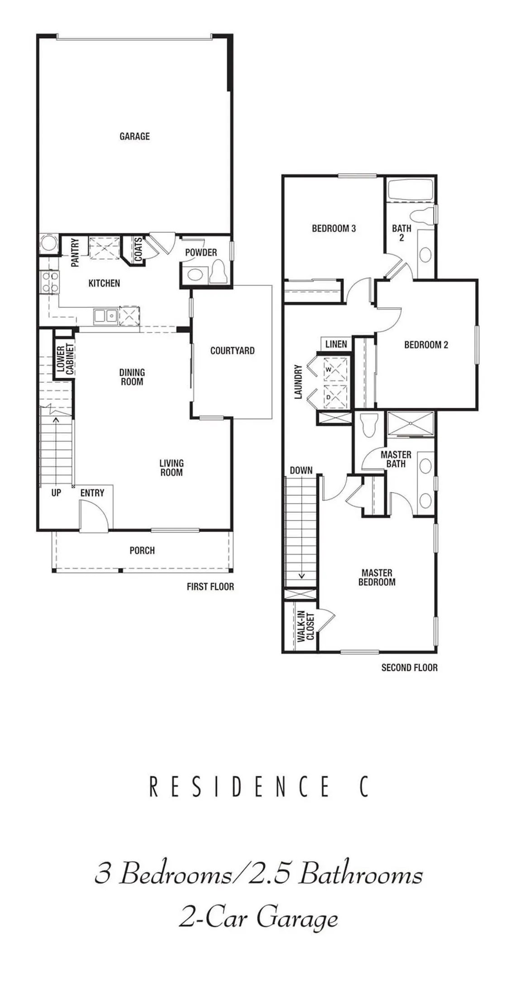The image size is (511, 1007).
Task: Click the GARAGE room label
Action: point(134,136)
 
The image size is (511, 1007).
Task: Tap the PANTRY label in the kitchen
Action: point(75,252)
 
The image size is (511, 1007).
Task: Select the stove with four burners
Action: point(49,281)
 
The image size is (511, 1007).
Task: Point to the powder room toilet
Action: point(220,271)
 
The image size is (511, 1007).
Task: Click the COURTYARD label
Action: point(232,351)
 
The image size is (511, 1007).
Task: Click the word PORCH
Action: point(142,551)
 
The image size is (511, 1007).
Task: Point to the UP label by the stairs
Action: point(56,493)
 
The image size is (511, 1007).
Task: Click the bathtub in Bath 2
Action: point(411,190)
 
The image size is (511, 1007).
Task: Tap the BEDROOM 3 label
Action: point(334,228)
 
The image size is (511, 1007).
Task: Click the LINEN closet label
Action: point(336,344)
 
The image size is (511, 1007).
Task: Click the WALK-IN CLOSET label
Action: point(306,627)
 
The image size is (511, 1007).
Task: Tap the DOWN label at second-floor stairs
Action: point(301,470)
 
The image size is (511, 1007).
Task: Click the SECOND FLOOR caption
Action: point(409,667)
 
